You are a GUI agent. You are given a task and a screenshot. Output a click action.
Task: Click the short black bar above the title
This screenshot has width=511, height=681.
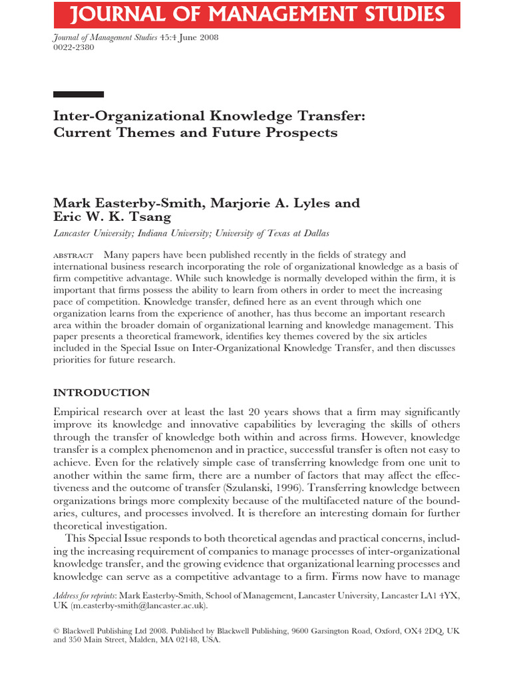click(79, 94)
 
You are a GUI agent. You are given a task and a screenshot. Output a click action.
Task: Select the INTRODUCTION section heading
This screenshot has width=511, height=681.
click(101, 392)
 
